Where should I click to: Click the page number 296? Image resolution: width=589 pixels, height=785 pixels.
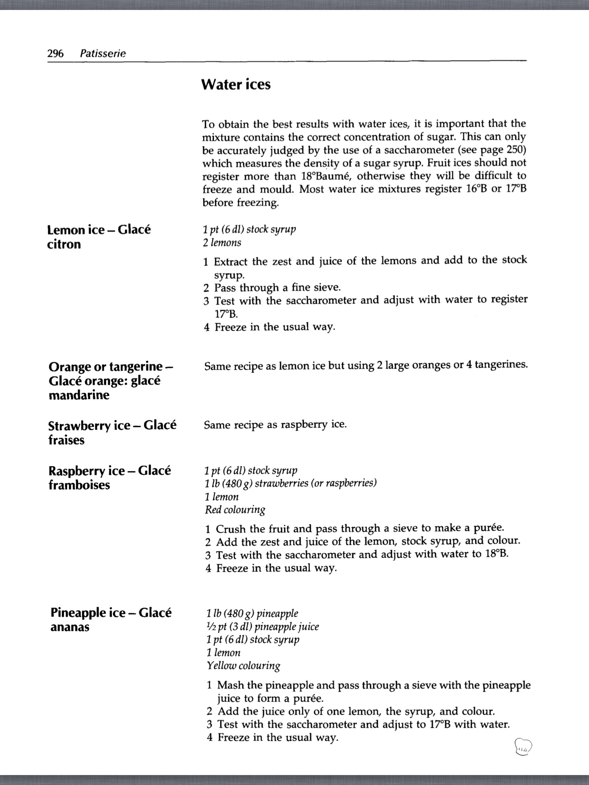coord(55,53)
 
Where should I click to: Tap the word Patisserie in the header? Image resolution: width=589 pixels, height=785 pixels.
coord(103,54)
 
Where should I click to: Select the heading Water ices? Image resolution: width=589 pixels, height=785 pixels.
coord(236,84)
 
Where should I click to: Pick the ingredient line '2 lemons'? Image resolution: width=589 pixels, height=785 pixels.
coord(222,243)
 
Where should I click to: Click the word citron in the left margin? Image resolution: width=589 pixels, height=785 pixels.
coord(64,244)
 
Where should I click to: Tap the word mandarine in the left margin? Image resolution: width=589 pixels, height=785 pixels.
coord(79,395)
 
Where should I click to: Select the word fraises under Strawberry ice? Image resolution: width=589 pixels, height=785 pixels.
coord(66,440)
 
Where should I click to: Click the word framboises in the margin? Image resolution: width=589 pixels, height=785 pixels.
coord(79,485)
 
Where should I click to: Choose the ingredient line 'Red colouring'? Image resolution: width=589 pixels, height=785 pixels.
coord(235,510)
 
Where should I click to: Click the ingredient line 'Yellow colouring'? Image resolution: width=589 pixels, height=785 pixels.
coord(243,665)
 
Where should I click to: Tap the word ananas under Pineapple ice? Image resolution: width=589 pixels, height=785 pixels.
coord(70,627)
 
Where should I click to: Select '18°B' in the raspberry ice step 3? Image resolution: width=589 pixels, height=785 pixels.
coord(497,555)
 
